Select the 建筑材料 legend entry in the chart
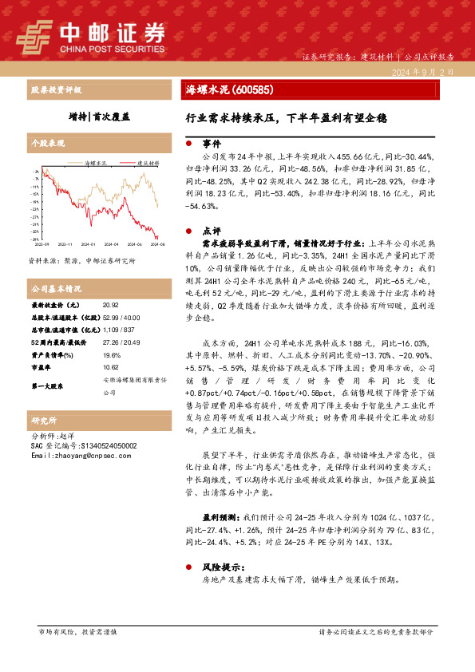tap(146, 161)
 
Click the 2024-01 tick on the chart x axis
tap(88, 245)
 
